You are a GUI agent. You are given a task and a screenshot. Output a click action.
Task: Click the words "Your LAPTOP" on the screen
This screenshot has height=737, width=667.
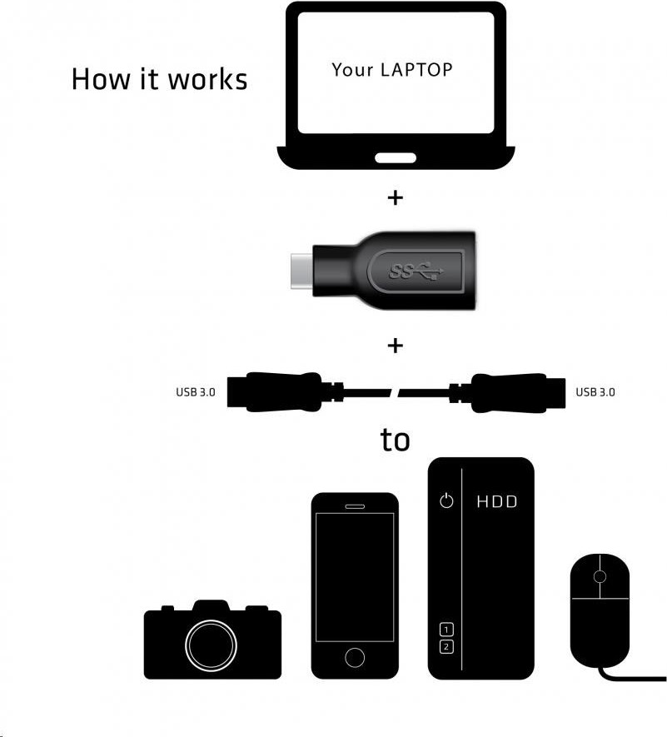[392, 70]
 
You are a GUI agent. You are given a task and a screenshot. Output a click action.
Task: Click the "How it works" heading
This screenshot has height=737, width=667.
[159, 78]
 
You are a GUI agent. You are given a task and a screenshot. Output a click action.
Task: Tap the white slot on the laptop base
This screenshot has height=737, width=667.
[396, 158]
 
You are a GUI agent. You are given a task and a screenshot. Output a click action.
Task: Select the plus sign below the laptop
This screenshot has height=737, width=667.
[396, 198]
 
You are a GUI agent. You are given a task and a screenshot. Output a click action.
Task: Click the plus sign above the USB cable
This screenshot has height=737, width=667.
[396, 346]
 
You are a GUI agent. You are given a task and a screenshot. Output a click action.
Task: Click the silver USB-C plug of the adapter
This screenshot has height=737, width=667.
[301, 271]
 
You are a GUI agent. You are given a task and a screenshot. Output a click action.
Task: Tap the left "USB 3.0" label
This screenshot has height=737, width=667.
[196, 392]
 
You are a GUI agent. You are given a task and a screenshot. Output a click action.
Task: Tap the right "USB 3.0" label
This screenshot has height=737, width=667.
[595, 392]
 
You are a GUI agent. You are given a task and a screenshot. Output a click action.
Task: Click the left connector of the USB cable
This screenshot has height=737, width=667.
[281, 392]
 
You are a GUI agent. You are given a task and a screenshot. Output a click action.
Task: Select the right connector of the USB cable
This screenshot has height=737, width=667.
[508, 393]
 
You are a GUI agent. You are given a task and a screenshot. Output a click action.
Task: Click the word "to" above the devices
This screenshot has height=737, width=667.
[395, 441]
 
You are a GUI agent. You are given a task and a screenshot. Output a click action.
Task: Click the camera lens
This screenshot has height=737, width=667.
[211, 645]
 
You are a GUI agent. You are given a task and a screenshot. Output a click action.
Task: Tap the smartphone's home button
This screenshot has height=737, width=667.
[355, 657]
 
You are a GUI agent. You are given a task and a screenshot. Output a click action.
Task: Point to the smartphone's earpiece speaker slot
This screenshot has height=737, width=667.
[355, 506]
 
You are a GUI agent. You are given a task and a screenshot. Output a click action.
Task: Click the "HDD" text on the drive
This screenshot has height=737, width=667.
[497, 502]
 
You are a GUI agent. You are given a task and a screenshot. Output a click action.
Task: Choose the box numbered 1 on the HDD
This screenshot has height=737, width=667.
[446, 629]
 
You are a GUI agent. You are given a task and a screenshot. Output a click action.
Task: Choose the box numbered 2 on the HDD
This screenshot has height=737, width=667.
[446, 647]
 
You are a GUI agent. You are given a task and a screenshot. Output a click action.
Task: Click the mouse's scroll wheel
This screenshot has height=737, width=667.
[600, 576]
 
